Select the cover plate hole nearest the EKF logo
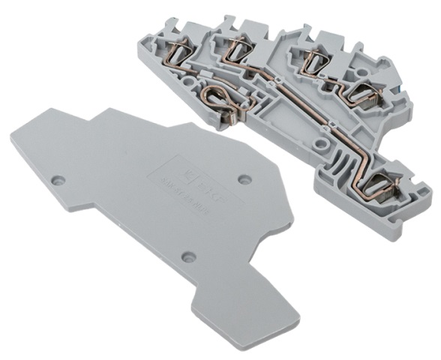pyautogui.click(x=242, y=179)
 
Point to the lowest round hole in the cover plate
pyautogui.click(x=188, y=257)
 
